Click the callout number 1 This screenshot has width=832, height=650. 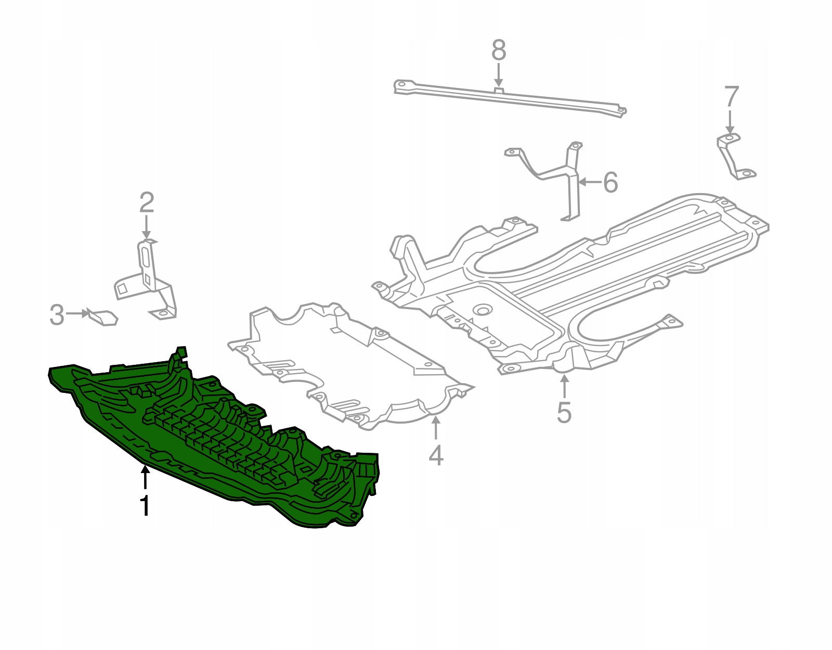click(x=145, y=506)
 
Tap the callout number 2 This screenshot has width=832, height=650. click(x=147, y=203)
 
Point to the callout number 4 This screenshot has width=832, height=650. click(x=436, y=455)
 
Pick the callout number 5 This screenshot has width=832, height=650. click(x=564, y=412)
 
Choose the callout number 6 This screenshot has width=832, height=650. click(x=610, y=182)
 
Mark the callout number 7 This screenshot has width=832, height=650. click(x=731, y=97)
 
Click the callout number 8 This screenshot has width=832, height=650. click(x=499, y=50)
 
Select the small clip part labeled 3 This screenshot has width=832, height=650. click(x=102, y=318)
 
